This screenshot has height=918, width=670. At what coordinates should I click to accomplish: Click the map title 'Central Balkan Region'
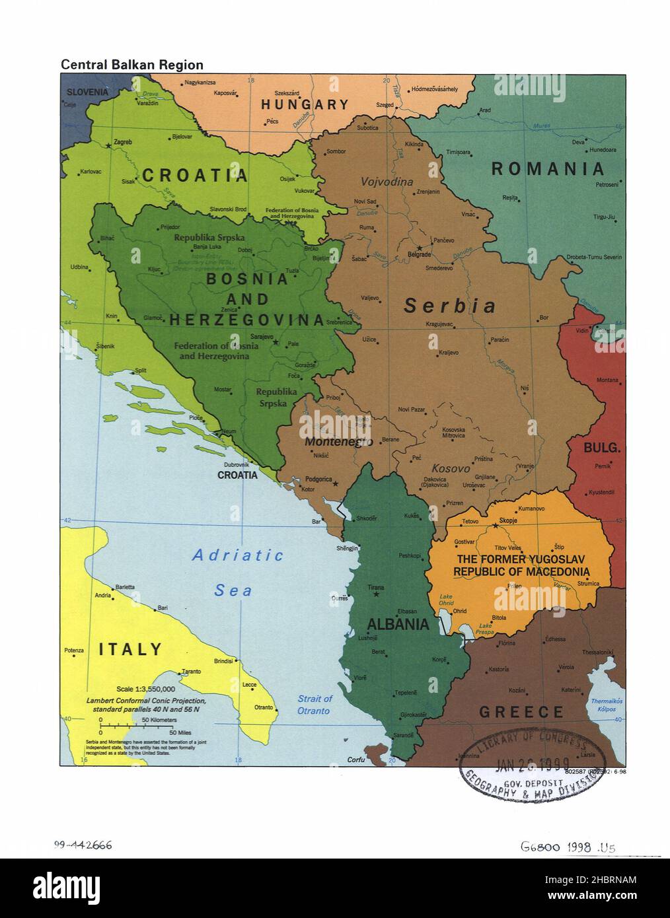point(132,65)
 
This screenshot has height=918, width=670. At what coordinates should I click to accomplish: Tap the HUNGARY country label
point(304,104)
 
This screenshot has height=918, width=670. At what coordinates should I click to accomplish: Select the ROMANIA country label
point(548,169)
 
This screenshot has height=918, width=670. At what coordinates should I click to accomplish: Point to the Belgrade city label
point(419,254)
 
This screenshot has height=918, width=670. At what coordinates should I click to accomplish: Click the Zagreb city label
point(123,142)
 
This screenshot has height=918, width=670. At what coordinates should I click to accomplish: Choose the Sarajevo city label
point(262,336)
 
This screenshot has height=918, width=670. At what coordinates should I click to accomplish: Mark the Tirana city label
point(376,587)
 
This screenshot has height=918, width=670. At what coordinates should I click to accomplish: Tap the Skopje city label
point(508,520)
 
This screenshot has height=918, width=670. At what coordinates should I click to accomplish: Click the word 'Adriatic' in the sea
point(238,555)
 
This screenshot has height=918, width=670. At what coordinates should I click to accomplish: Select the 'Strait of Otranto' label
point(314,704)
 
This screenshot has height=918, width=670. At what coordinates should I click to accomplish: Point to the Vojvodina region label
point(387,182)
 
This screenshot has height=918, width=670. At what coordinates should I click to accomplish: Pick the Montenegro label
point(338,442)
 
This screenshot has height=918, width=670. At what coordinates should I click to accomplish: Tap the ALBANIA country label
point(398,624)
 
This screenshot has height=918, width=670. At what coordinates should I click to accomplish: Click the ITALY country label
point(130,649)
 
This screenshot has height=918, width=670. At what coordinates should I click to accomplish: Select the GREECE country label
point(521,712)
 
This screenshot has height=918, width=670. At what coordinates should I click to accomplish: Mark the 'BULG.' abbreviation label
point(601,448)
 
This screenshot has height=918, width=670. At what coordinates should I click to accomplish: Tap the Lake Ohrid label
point(447,600)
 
